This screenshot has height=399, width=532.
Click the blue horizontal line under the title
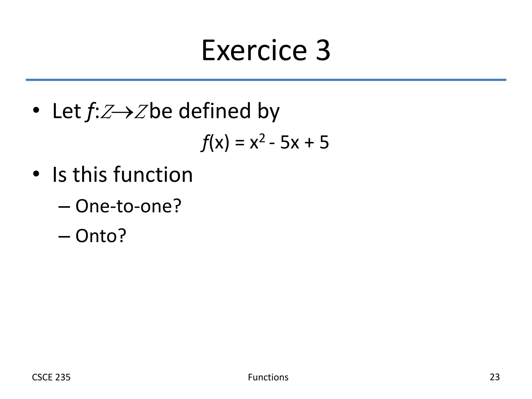266,80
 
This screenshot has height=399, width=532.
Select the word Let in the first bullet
66,111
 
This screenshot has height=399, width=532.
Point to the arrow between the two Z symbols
123,112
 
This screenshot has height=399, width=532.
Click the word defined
215,111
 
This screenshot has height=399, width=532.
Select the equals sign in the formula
240,143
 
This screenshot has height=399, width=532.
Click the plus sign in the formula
309,143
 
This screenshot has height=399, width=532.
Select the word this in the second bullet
90,175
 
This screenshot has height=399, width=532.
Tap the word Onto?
101,236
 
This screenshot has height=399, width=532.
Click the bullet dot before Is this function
36,174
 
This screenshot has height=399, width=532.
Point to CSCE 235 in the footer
51,377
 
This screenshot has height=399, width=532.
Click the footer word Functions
268,377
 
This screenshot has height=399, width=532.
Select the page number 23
494,377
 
